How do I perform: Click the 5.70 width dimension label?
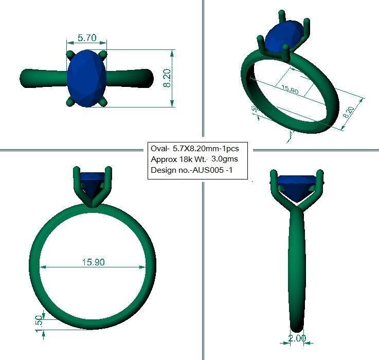(86, 38)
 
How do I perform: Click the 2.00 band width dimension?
(297, 338)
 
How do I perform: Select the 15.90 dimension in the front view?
(93, 262)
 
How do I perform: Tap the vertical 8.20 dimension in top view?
(167, 78)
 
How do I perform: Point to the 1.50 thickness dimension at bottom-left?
(39, 323)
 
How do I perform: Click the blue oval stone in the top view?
(86, 78)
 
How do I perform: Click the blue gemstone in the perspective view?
(284, 36)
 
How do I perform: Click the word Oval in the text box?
(159, 148)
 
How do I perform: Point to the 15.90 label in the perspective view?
(290, 89)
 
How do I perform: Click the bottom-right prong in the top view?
(104, 102)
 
